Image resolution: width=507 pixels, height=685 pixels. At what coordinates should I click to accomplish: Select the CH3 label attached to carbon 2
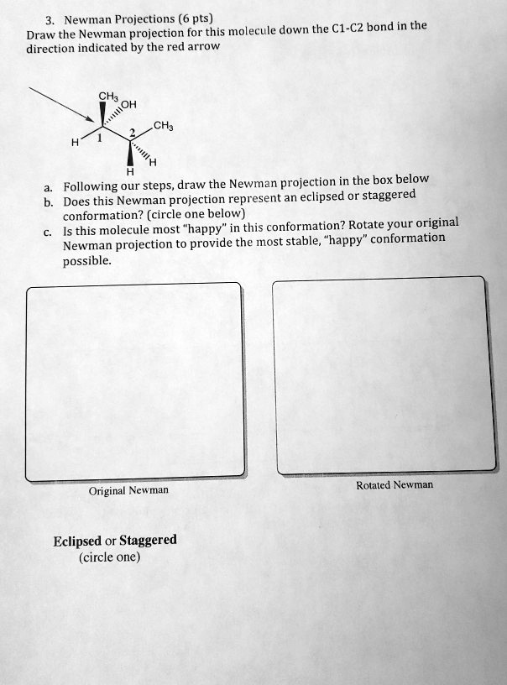point(163,127)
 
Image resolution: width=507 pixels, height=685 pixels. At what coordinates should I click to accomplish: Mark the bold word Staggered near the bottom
point(149,540)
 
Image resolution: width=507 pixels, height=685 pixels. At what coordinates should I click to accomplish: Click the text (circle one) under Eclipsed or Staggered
point(110,556)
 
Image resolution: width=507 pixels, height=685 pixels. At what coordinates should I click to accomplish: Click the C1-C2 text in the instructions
point(345,29)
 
